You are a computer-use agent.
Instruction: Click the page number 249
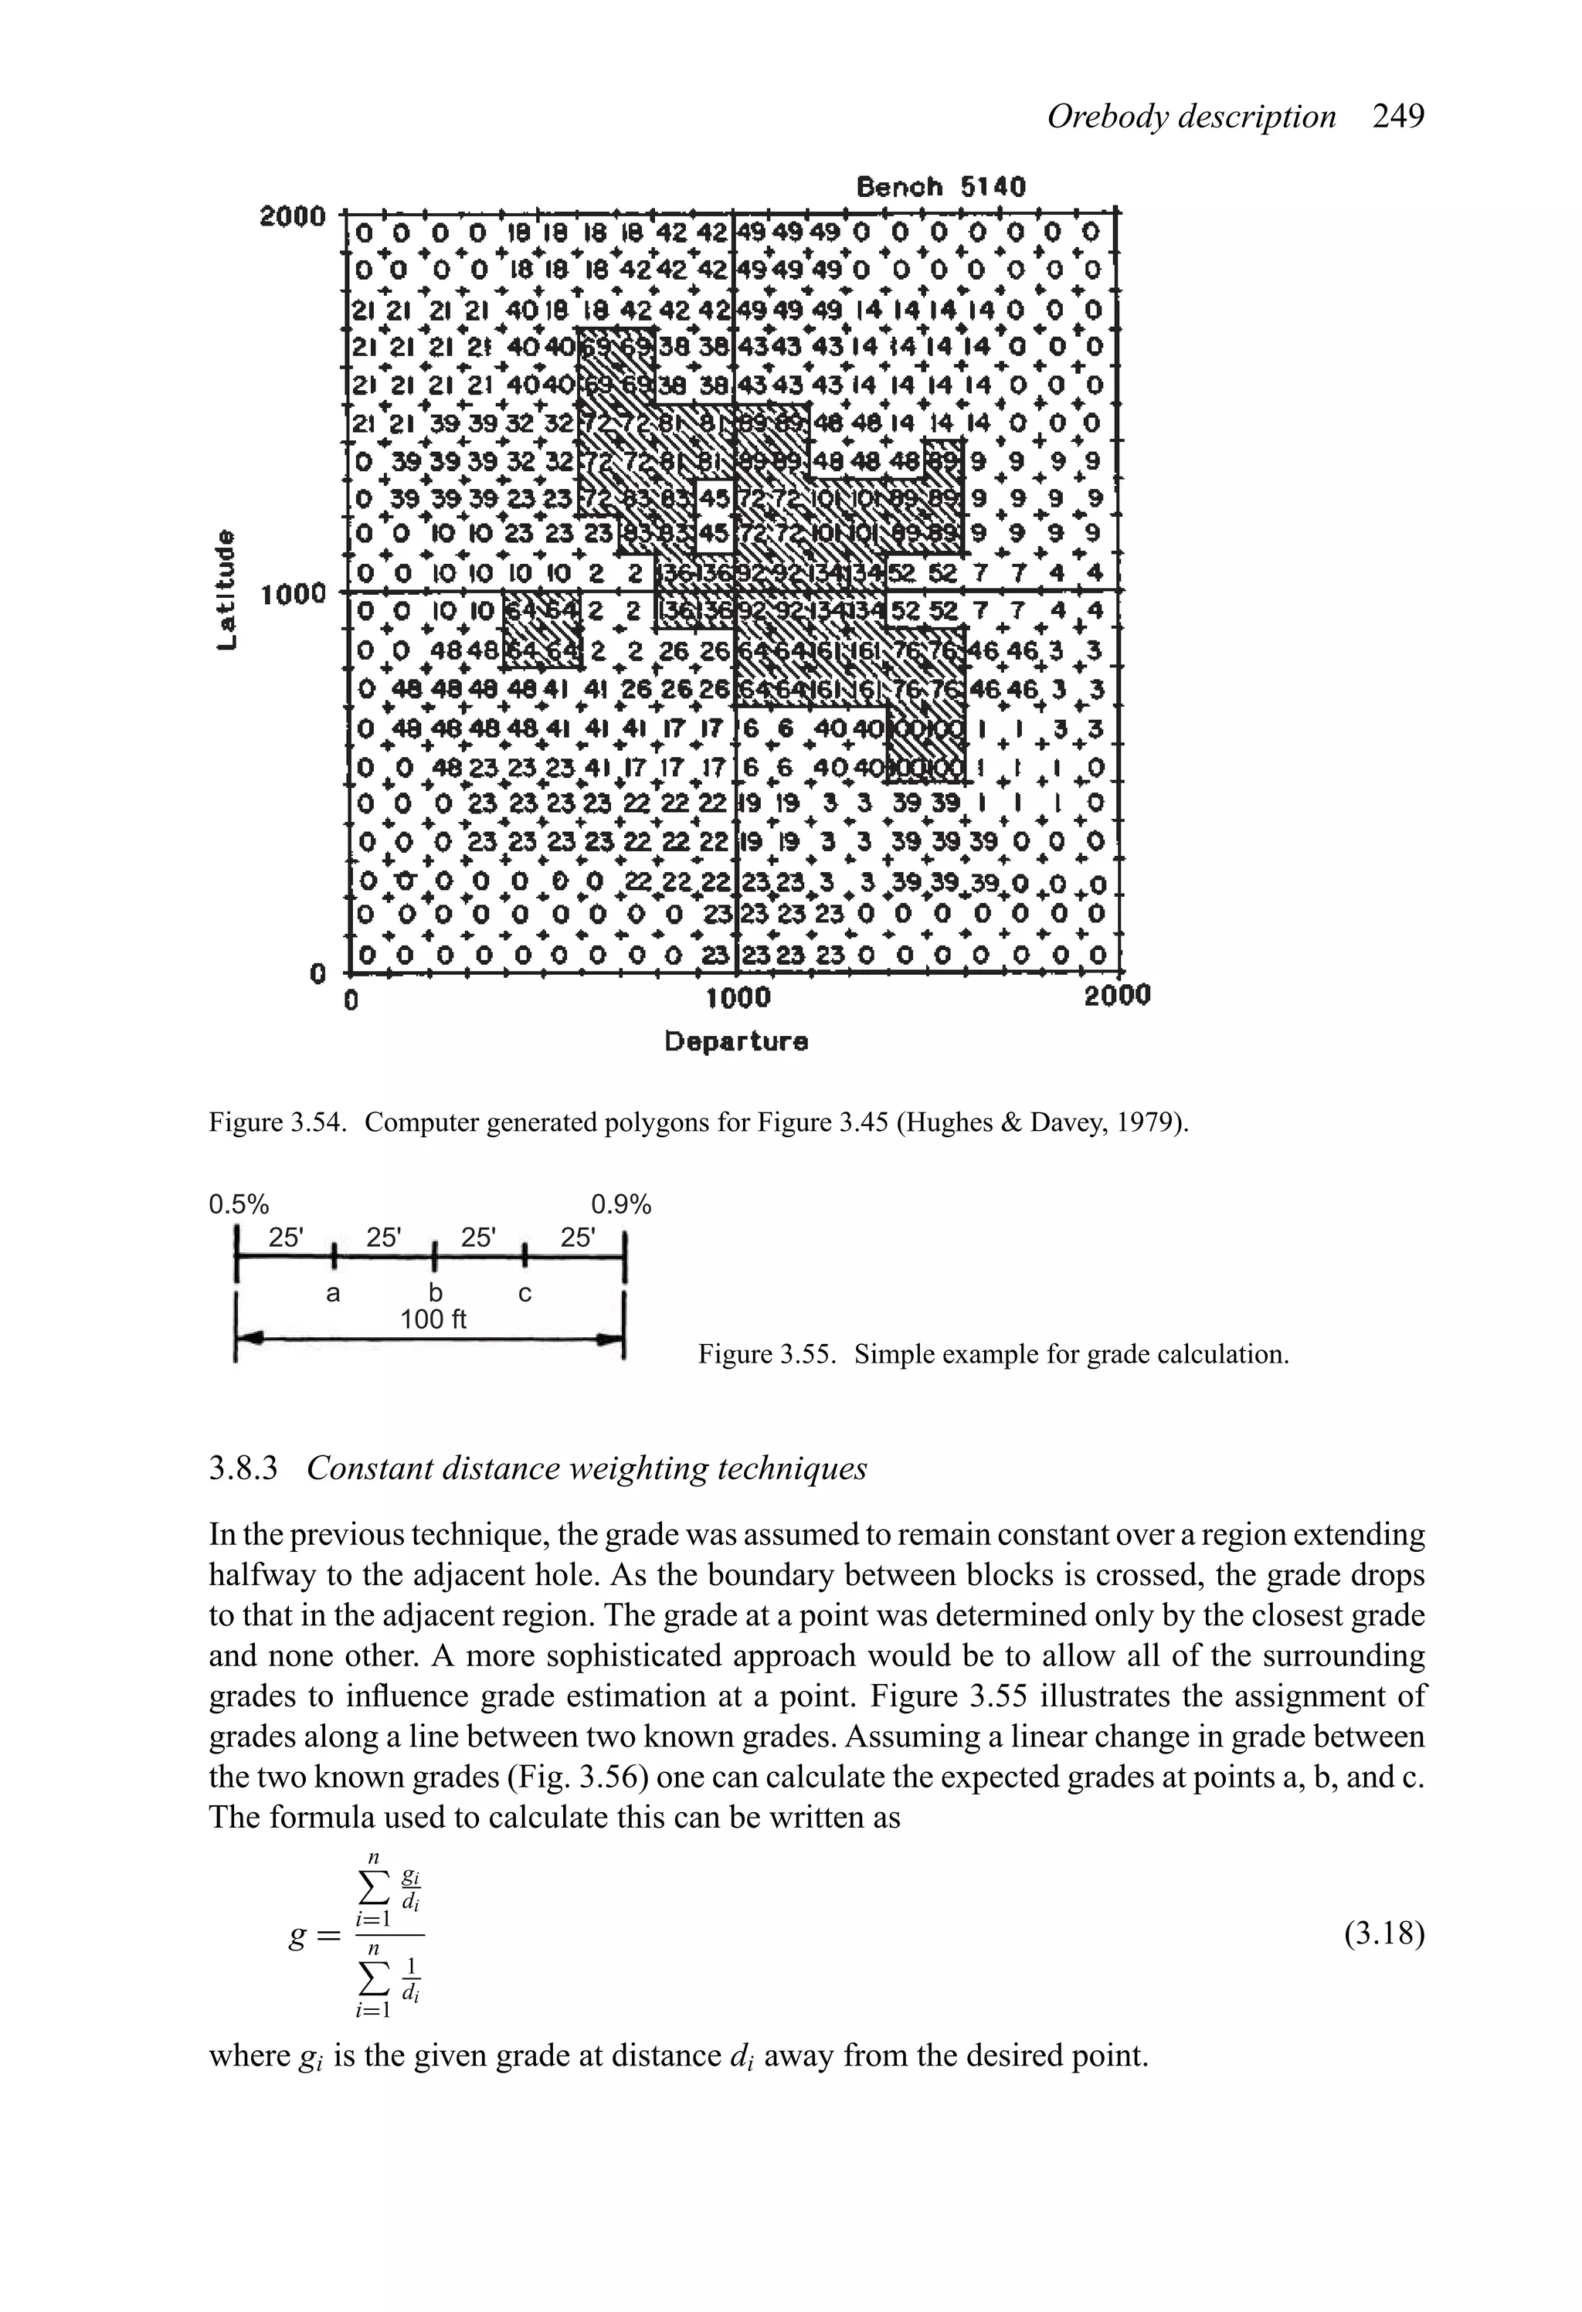[1398, 117]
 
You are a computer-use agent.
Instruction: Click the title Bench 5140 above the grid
[940, 187]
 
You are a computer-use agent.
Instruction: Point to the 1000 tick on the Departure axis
[737, 996]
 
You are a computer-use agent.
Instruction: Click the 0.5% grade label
[239, 1205]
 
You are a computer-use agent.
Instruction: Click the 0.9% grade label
[621, 1205]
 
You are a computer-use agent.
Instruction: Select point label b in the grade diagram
[434, 1293]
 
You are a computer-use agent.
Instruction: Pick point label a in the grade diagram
[333, 1293]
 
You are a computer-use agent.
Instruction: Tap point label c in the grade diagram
[525, 1293]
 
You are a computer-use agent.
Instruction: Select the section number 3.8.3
[243, 1468]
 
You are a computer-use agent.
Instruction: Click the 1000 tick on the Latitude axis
[293, 594]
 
